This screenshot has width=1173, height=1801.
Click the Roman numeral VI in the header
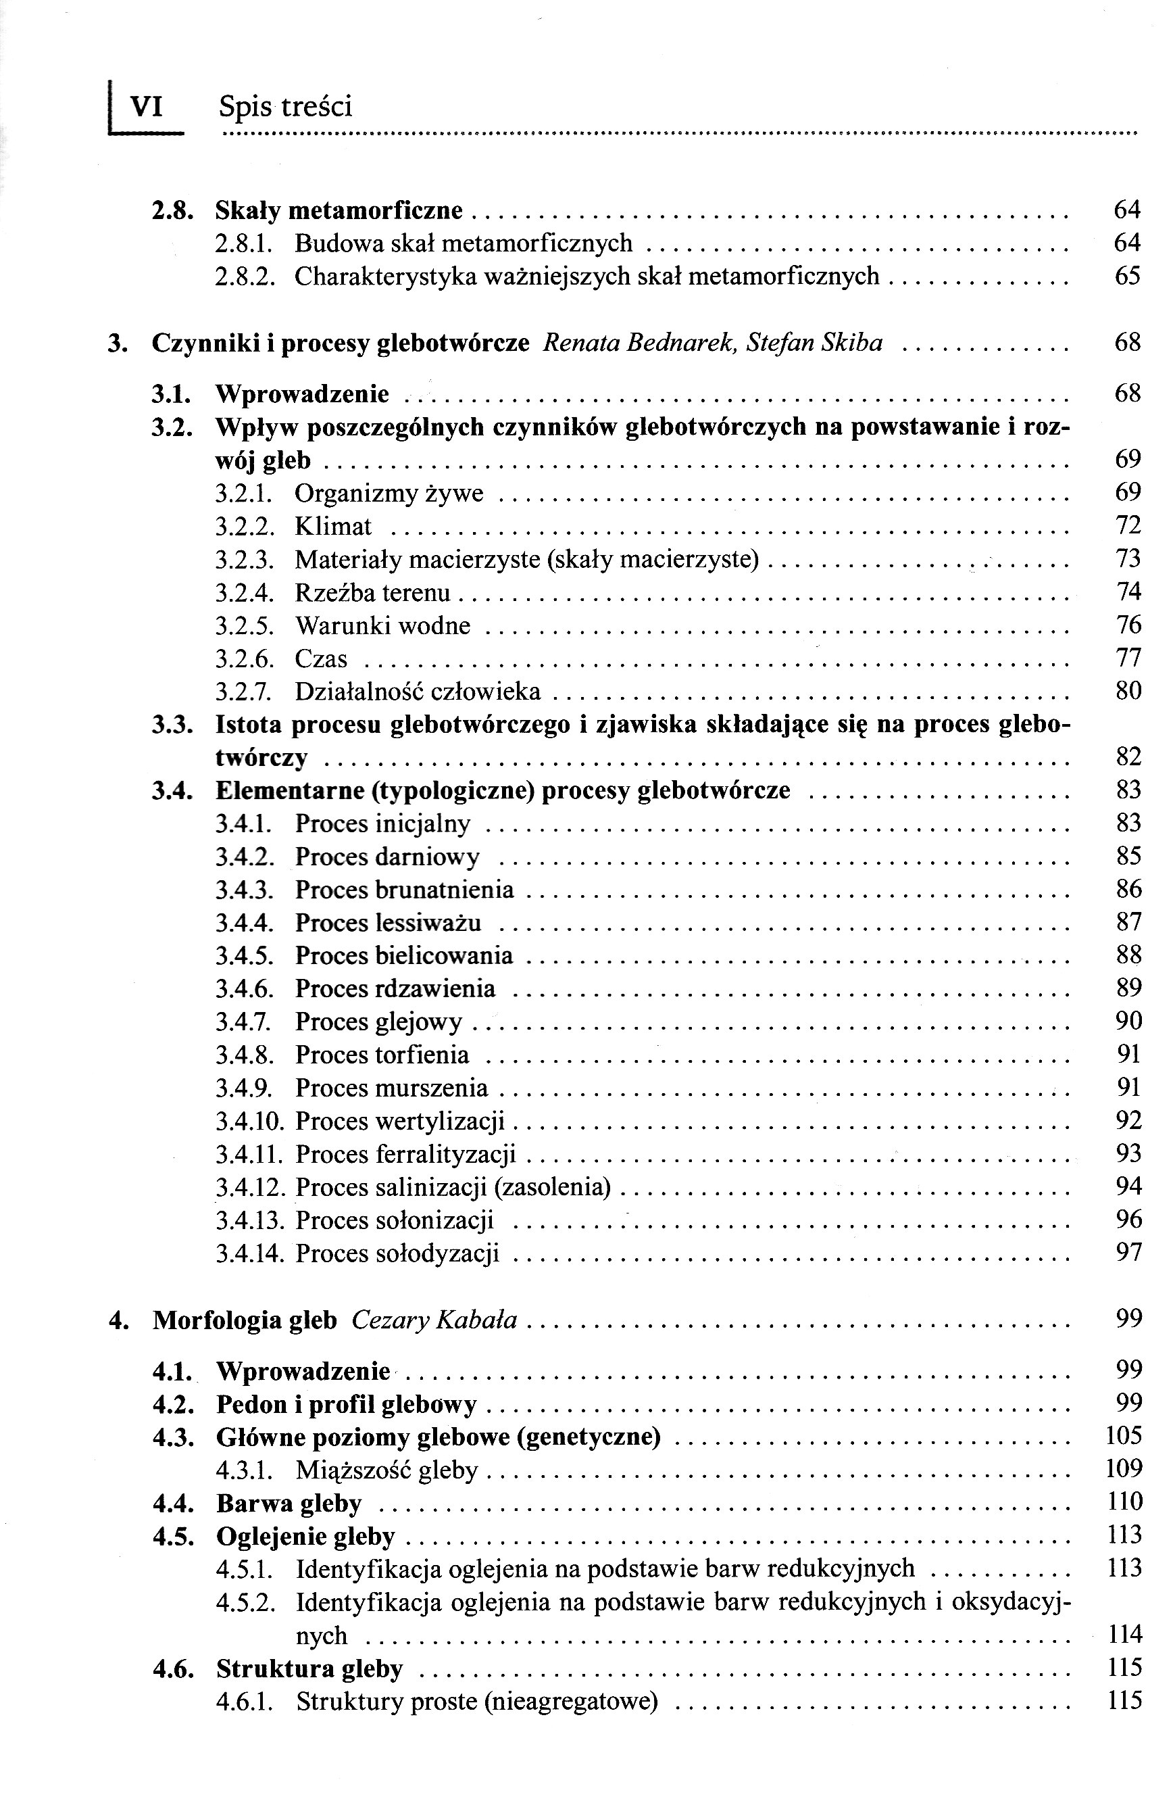pos(147,106)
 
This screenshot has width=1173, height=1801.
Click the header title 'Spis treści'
pos(285,107)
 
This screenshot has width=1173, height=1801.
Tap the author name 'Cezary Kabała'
pos(434,1319)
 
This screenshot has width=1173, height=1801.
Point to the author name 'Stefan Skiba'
pos(814,343)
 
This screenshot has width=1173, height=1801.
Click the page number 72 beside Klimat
pos(1127,525)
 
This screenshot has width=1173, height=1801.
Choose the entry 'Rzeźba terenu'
pos(372,592)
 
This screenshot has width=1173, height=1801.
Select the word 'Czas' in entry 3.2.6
pos(321,658)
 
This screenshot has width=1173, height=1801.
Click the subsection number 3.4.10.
pos(249,1120)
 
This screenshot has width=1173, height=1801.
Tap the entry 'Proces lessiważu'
pos(388,922)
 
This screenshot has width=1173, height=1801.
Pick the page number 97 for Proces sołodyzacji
pos(1128,1252)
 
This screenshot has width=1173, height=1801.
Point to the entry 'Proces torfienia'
pos(382,1054)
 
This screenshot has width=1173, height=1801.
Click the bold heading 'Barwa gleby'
pos(289,1503)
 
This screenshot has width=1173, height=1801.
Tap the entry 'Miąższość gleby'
pos(386,1470)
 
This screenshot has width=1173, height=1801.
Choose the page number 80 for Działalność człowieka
pos(1127,691)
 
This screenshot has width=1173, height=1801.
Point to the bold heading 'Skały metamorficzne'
pos(338,210)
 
